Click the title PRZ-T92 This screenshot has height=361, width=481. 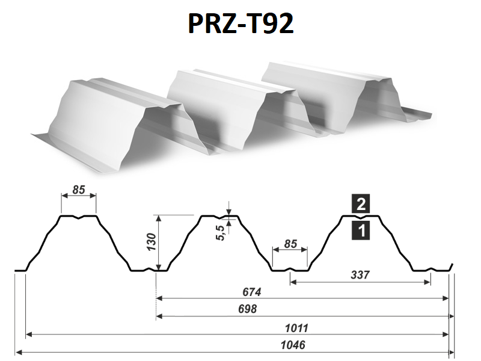tap(241, 23)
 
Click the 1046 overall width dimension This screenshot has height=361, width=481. tap(293, 345)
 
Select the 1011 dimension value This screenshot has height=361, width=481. tap(296, 328)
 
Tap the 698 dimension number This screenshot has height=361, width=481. tap(247, 309)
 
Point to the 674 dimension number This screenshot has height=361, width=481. tap(251, 292)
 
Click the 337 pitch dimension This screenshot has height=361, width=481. tap(360, 275)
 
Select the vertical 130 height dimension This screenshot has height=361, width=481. tap(152, 242)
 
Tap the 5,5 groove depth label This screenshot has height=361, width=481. tap(221, 233)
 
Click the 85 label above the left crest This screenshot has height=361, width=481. tap(79, 190)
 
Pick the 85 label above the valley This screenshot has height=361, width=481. tap(290, 244)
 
